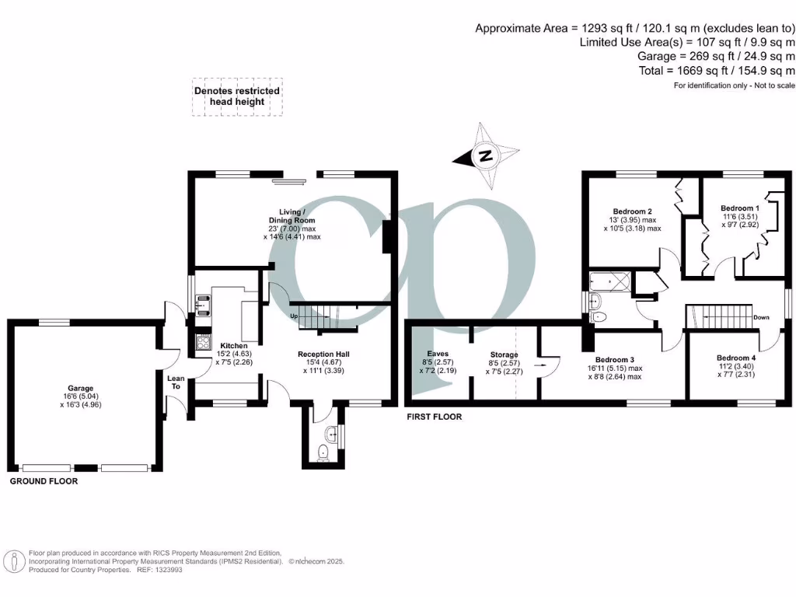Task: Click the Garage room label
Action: pyautogui.click(x=80, y=388)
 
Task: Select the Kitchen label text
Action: pyautogui.click(x=234, y=346)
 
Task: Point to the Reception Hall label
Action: pyautogui.click(x=324, y=354)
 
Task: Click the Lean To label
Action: pyautogui.click(x=176, y=382)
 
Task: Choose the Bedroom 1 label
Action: pyautogui.click(x=739, y=208)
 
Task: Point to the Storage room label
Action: pyautogui.click(x=504, y=354)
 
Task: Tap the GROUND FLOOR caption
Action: pyautogui.click(x=44, y=482)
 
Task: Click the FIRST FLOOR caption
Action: pyautogui.click(x=435, y=417)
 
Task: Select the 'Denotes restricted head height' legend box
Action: pyautogui.click(x=236, y=96)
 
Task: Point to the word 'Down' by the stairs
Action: pyautogui.click(x=762, y=317)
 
